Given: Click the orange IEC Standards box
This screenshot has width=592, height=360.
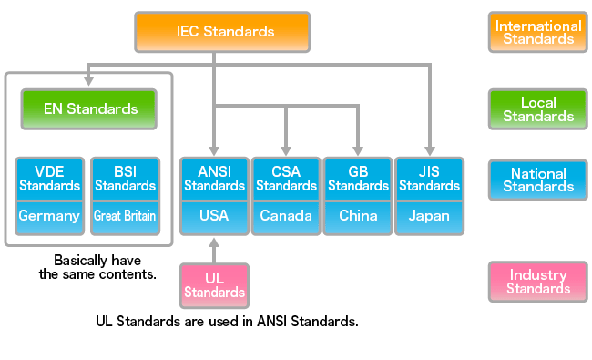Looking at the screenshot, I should pyautogui.click(x=222, y=32).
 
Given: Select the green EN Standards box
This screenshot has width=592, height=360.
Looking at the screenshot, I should pyautogui.click(x=90, y=109).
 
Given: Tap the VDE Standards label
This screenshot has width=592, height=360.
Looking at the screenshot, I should pyautogui.click(x=49, y=179).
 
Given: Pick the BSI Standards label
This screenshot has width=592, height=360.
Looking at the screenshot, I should pyautogui.click(x=125, y=179).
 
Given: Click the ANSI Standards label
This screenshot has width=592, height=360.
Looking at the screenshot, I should pyautogui.click(x=215, y=179).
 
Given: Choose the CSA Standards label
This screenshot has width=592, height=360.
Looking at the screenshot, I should pyautogui.click(x=286, y=179).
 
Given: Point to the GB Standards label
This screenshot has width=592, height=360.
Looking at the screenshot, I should pyautogui.click(x=358, y=179).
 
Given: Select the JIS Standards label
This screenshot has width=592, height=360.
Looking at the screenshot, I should pyautogui.click(x=429, y=179).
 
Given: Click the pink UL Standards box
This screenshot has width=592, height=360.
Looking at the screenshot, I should pyautogui.click(x=215, y=284).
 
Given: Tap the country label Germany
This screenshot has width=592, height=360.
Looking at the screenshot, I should pyautogui.click(x=49, y=217).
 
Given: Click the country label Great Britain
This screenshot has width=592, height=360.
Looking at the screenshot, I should pyautogui.click(x=125, y=217).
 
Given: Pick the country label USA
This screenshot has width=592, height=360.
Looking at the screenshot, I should pyautogui.click(x=215, y=217).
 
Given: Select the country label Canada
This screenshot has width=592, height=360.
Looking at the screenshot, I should pyautogui.click(x=286, y=217).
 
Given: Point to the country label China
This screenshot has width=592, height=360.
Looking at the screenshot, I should pyautogui.click(x=358, y=217).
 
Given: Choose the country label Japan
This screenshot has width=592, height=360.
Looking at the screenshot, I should pyautogui.click(x=429, y=217).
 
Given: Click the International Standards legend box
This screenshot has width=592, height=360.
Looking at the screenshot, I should pyautogui.click(x=538, y=32).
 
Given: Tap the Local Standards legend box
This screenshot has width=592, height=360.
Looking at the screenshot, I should pyautogui.click(x=538, y=109).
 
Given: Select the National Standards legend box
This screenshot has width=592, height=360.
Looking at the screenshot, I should pyautogui.click(x=538, y=180).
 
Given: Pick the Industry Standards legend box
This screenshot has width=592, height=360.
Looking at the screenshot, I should pyautogui.click(x=538, y=282).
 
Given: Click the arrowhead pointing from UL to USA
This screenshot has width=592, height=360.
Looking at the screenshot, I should pyautogui.click(x=215, y=243).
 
